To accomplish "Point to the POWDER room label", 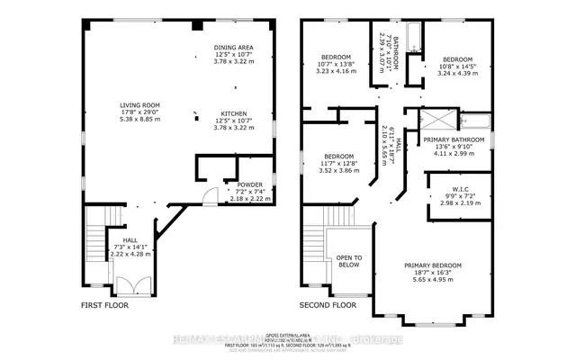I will pyautogui.click(x=225, y=184).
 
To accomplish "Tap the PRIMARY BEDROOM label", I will pyautogui.click(x=433, y=266).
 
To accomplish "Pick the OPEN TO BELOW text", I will pyautogui.click(x=349, y=259).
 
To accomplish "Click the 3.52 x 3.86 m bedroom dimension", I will pyautogui.click(x=340, y=169).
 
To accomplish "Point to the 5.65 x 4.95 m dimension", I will pyautogui.click(x=433, y=280).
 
